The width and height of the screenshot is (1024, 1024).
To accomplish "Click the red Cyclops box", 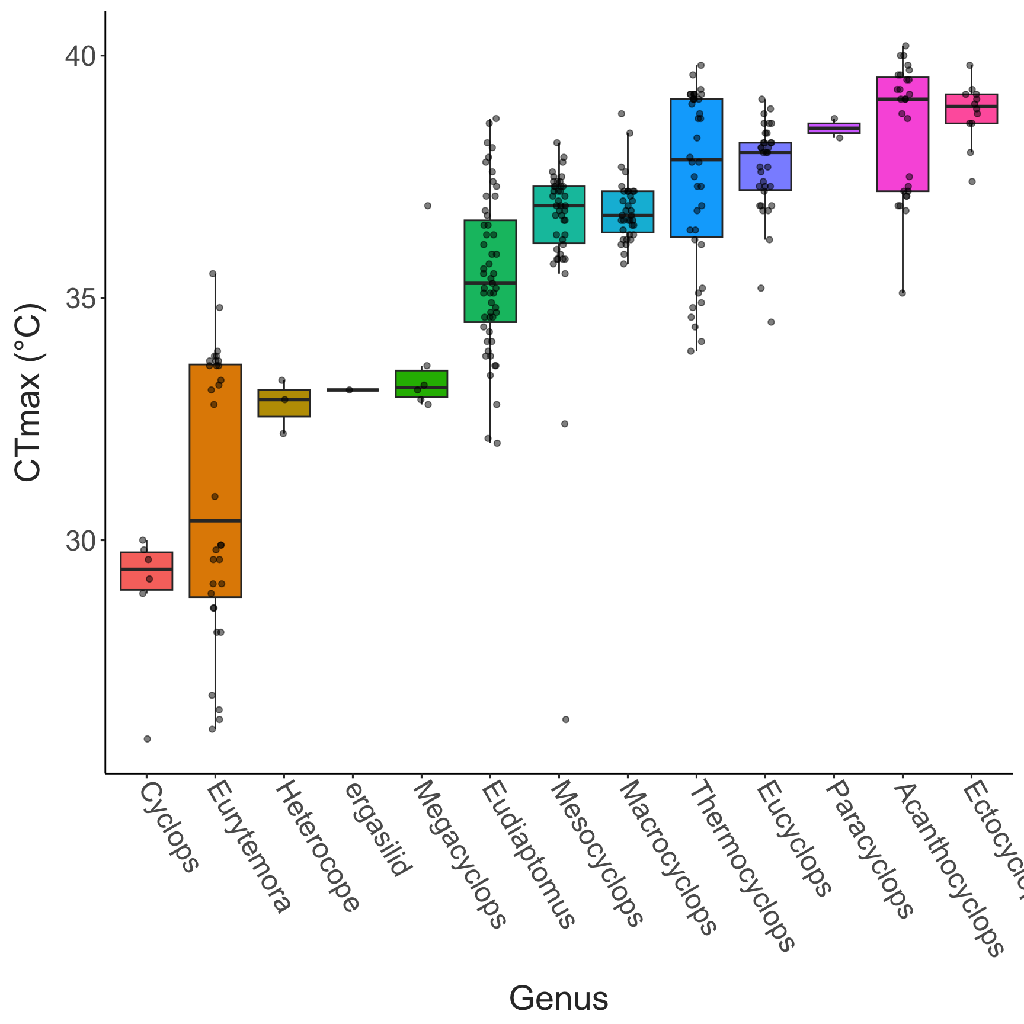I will pyautogui.click(x=146, y=571).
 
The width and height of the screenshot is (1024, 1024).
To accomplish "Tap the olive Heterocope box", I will pyautogui.click(x=284, y=404).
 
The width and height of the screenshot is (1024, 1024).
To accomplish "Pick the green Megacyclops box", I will pyautogui.click(x=421, y=383).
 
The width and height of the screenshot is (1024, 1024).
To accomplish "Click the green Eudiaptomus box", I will pyautogui.click(x=490, y=271).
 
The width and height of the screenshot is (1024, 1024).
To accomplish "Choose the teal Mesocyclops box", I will pyautogui.click(x=559, y=215).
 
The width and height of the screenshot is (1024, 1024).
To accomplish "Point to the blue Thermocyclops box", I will pyautogui.click(x=696, y=168).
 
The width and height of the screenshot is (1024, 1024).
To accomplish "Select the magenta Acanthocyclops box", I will pyautogui.click(x=903, y=134).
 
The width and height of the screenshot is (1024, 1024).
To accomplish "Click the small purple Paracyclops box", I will pyautogui.click(x=834, y=128).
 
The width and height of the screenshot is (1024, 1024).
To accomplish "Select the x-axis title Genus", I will pyautogui.click(x=558, y=998).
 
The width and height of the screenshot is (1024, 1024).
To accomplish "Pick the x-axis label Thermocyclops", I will pyautogui.click(x=741, y=865).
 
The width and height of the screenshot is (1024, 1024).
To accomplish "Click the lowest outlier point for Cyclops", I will pyautogui.click(x=148, y=739).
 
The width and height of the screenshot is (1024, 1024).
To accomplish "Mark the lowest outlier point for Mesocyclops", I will pyautogui.click(x=566, y=719).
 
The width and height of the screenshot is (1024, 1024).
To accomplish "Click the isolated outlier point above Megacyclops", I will pyautogui.click(x=428, y=206).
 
